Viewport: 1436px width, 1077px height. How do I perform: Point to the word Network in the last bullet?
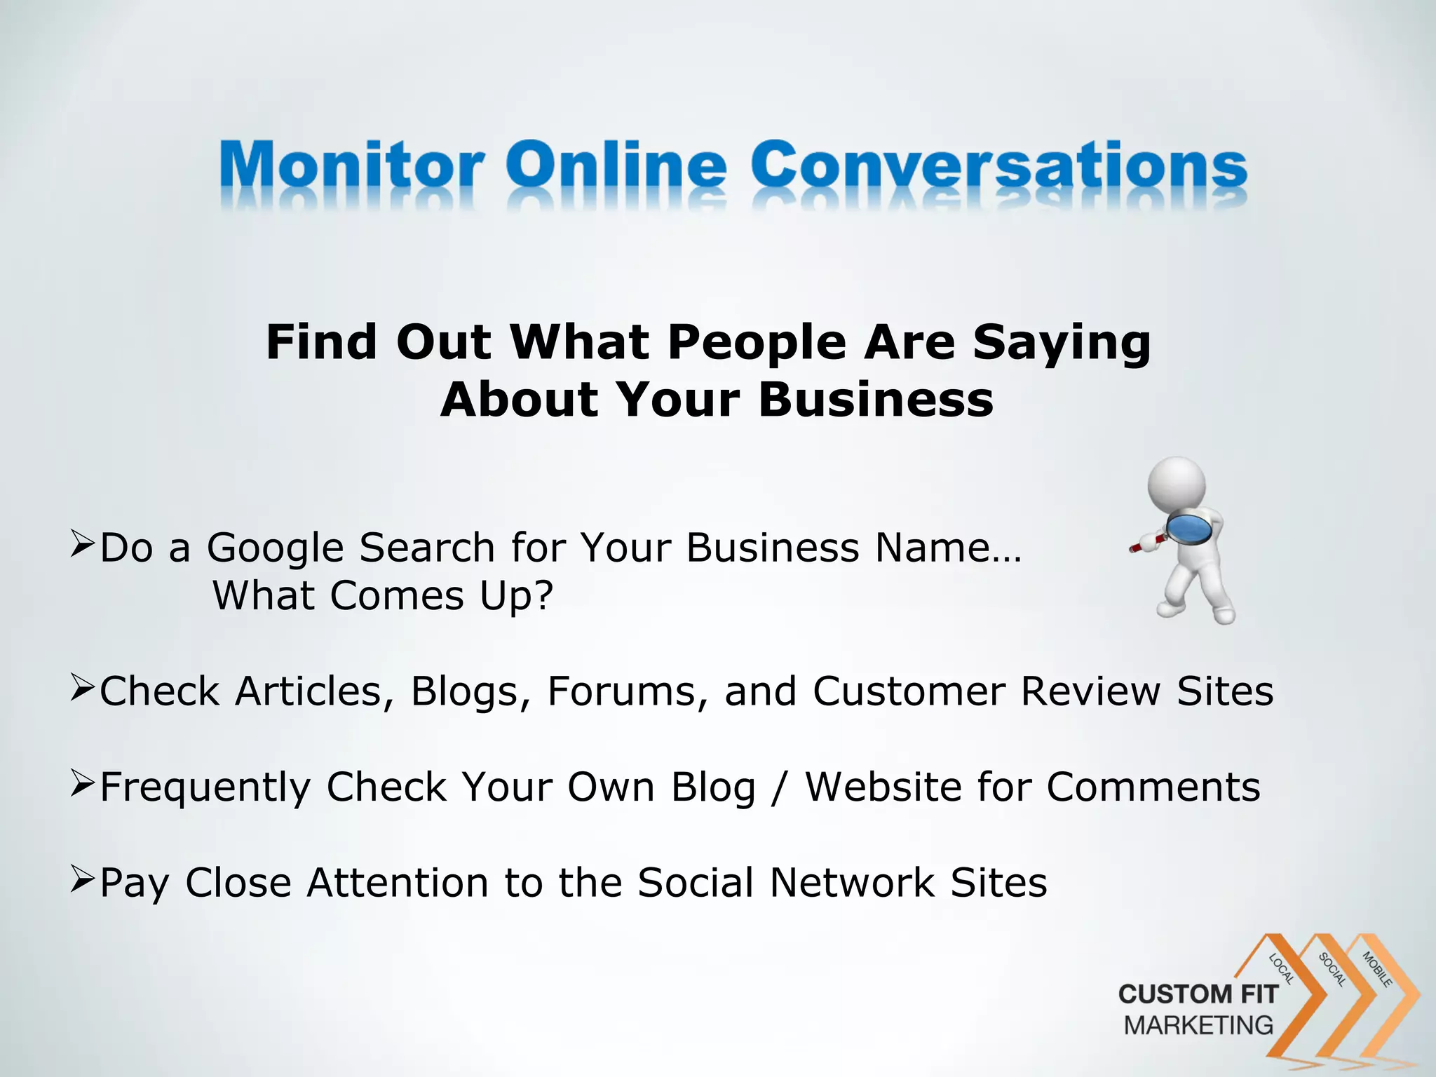pyautogui.click(x=852, y=882)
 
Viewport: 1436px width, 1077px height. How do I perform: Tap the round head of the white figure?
pyautogui.click(x=1178, y=485)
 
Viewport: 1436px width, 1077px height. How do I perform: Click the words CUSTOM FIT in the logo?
pyautogui.click(x=1198, y=994)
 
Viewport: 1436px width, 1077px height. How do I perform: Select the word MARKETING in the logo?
pyautogui.click(x=1198, y=1025)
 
